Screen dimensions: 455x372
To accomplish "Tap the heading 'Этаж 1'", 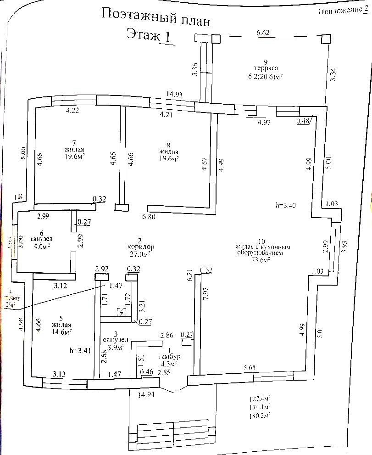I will pos(148,35).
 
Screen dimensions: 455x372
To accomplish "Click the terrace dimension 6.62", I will pos(263,33).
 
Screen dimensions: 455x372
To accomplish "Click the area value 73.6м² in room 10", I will pos(259,259).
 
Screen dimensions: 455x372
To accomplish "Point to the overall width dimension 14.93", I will pos(175,95).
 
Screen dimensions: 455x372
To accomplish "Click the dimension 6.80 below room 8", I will pos(149,216).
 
